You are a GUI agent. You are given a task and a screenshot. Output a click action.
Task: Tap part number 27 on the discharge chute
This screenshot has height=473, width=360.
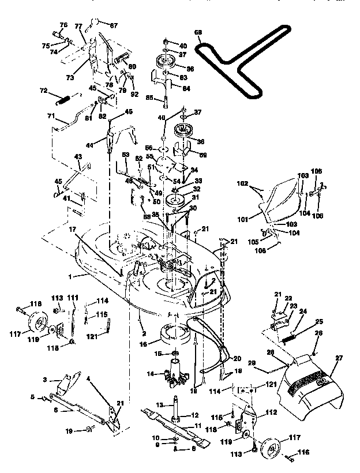(339, 359)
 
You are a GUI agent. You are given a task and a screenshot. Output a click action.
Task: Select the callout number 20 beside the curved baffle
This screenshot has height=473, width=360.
(237, 357)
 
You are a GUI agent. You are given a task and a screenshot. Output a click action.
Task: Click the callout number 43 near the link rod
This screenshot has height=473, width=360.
(78, 156)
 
